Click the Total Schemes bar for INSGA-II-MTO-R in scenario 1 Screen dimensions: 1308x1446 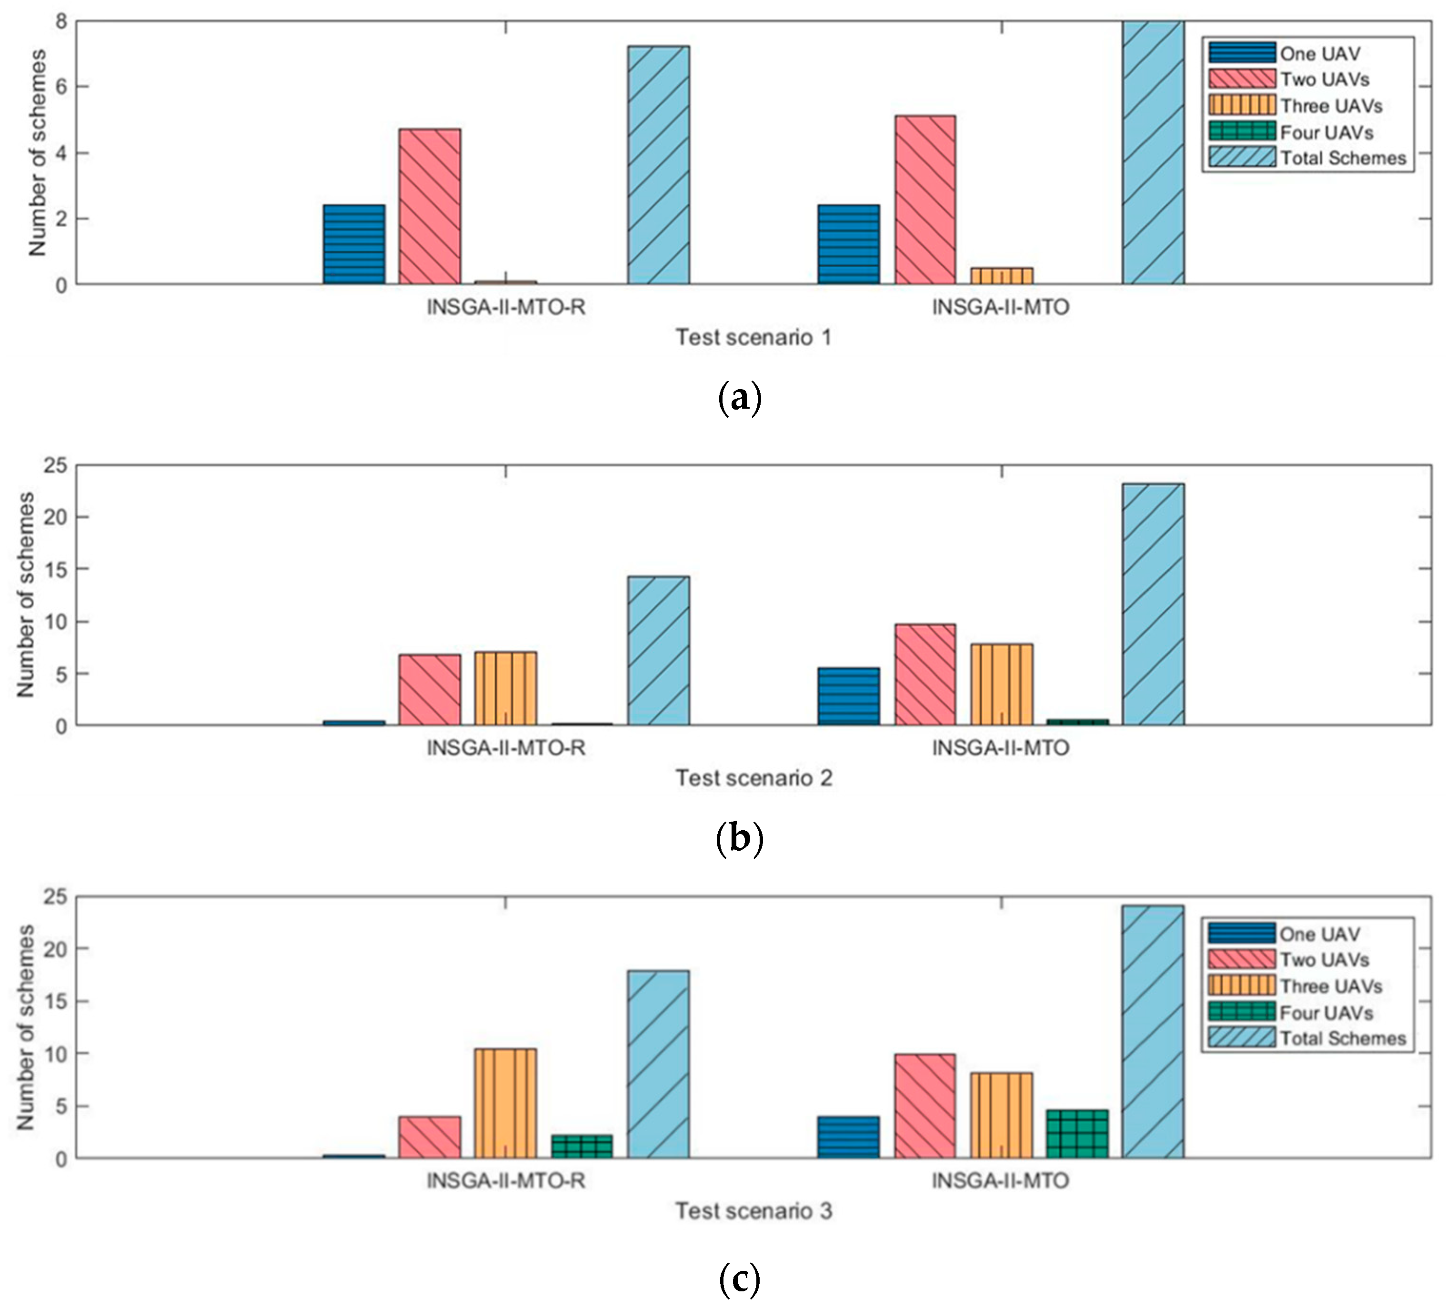click(x=658, y=165)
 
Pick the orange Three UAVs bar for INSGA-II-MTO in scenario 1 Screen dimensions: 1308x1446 click(x=1002, y=276)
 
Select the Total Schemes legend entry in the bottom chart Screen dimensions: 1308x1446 click(x=1342, y=1038)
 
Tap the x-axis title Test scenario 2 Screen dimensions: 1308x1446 click(x=754, y=778)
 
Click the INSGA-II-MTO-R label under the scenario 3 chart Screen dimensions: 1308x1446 click(x=506, y=1180)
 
